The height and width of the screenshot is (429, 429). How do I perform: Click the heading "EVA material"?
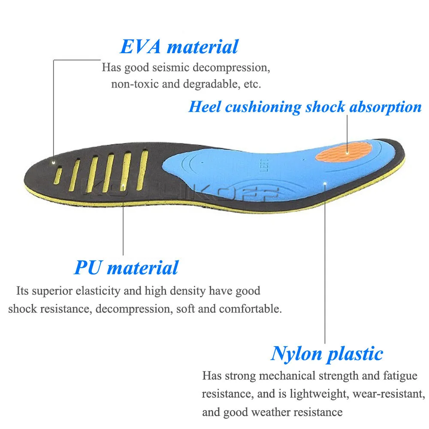[179, 47]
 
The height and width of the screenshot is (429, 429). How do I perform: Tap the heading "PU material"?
[126, 268]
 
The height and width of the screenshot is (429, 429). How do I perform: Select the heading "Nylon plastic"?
[327, 354]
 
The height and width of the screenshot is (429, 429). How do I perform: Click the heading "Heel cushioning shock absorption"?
[305, 107]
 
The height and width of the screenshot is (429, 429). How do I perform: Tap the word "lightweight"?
[293, 394]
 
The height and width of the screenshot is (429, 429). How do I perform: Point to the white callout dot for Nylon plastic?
[326, 184]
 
